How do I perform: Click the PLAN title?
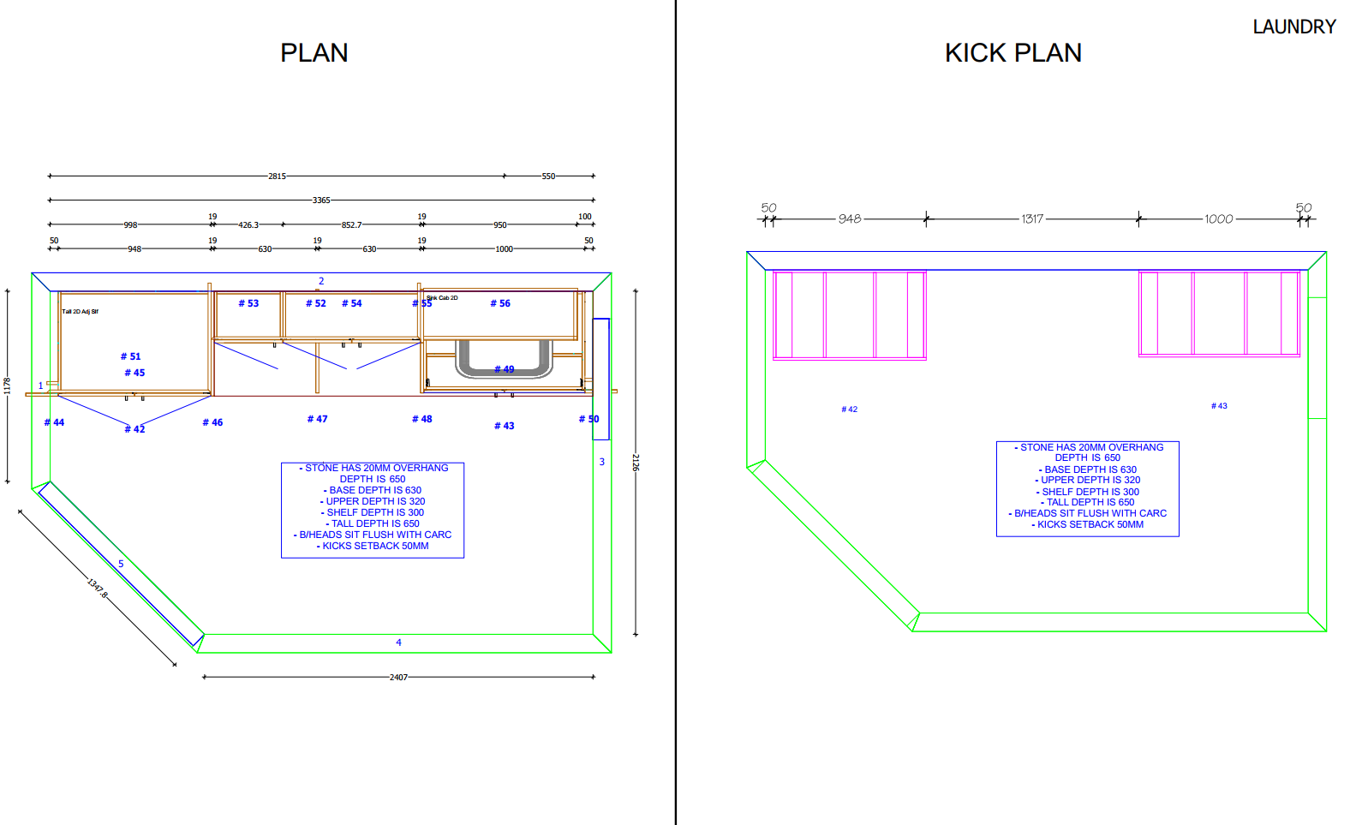click(x=314, y=53)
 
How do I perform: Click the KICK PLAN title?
click(x=1012, y=53)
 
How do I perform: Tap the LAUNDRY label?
click(x=1293, y=27)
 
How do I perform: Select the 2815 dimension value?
click(x=277, y=176)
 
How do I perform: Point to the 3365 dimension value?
click(x=321, y=200)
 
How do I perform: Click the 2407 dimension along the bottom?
click(x=398, y=678)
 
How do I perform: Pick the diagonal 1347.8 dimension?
click(x=98, y=589)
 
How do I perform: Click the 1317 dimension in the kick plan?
click(x=1032, y=219)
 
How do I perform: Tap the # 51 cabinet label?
click(x=130, y=356)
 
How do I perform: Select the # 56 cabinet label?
click(x=500, y=303)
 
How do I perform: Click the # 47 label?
click(x=317, y=419)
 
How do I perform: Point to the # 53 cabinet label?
click(x=248, y=303)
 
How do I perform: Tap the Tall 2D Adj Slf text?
click(x=80, y=312)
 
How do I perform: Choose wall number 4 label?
click(x=398, y=643)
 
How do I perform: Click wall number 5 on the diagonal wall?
click(x=121, y=564)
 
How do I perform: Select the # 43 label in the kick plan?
click(x=1219, y=406)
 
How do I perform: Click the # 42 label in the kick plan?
click(x=849, y=410)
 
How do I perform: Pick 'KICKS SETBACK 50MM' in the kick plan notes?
click(x=1090, y=524)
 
